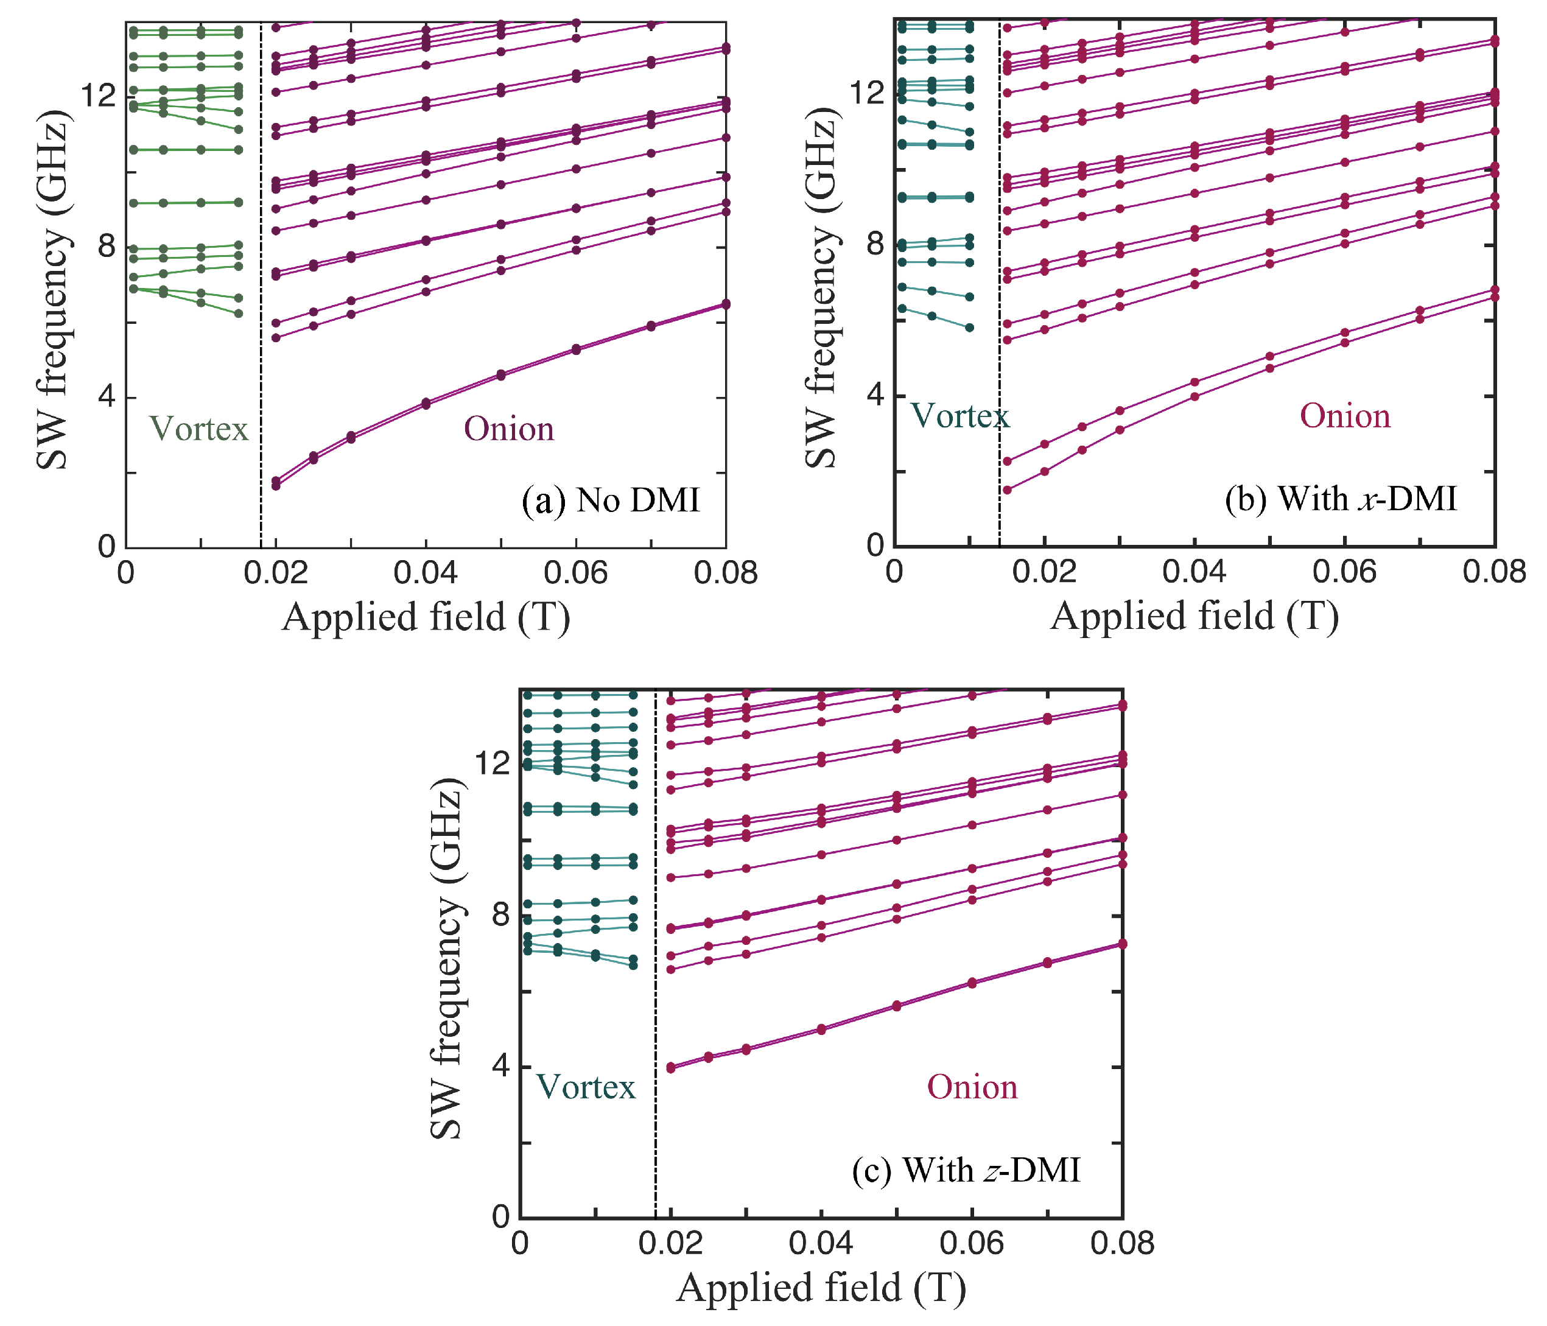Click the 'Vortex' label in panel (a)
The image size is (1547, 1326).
[198, 429]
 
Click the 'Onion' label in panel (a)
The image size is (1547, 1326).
[509, 429]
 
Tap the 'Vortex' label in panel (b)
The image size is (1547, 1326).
[959, 416]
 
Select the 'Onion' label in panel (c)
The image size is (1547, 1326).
[972, 1087]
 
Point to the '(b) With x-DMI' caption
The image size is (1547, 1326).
[1341, 499]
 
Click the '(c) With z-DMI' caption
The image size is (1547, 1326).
[966, 1170]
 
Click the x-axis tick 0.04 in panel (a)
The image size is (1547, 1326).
[426, 574]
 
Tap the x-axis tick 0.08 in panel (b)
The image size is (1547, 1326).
[1494, 572]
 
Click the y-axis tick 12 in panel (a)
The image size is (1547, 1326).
[97, 96]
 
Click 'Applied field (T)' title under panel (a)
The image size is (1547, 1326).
[426, 618]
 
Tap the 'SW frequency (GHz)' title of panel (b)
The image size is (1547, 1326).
[821, 287]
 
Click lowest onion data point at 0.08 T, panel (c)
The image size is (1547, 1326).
[1121, 944]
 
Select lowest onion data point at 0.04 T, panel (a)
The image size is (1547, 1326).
[426, 405]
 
